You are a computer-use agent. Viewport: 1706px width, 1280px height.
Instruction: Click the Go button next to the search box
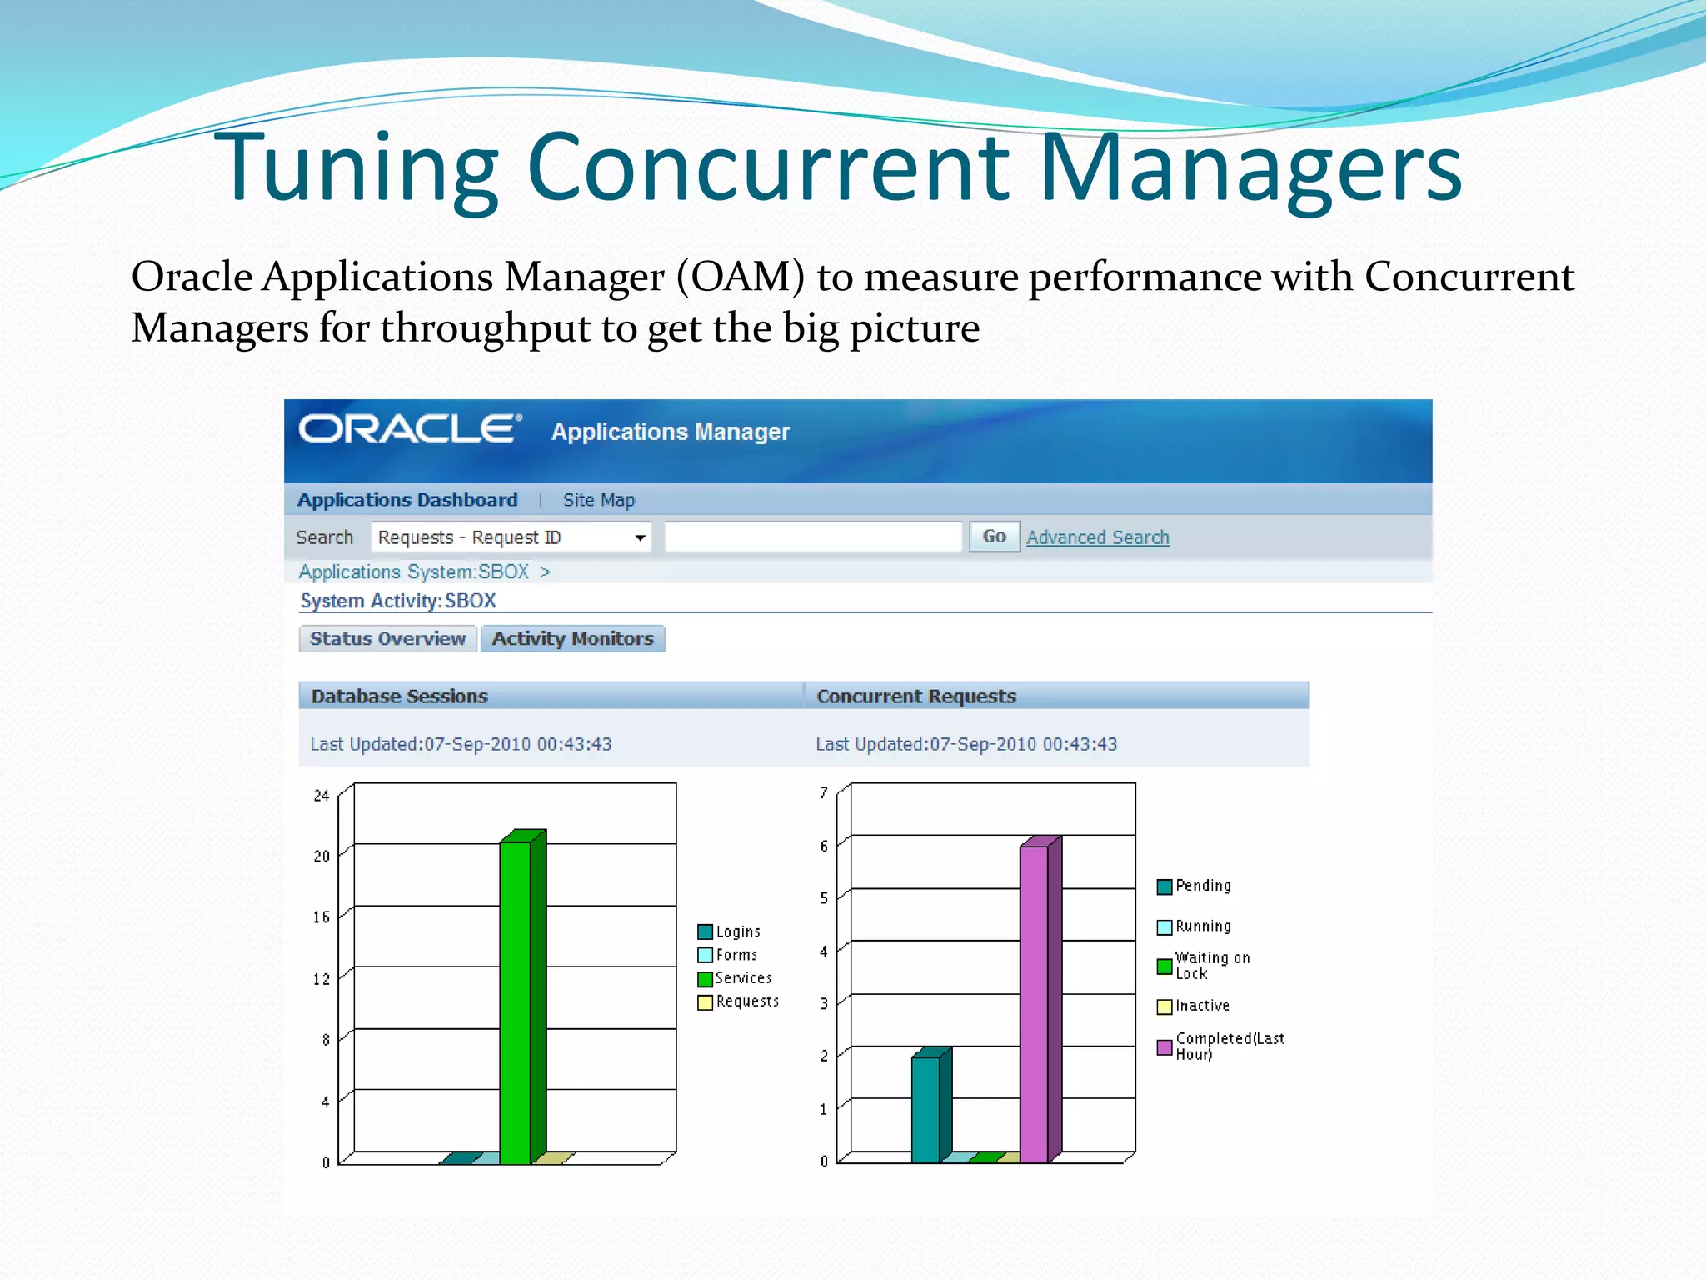994,537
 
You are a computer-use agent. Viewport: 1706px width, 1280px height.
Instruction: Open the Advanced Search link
1097,537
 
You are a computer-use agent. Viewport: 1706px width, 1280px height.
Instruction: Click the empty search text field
813,537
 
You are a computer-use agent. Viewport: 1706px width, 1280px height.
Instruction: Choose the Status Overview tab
387,639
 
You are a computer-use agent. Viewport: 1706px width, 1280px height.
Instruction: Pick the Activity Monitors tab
572,639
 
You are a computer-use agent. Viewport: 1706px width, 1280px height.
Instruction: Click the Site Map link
598,500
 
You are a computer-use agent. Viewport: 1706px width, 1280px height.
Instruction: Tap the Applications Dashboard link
407,500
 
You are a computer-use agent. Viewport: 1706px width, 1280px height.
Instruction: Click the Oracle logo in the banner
410,430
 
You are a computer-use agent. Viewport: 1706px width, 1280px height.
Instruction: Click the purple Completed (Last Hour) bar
1035,1000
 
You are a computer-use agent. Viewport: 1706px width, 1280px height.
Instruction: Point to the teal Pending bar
926,1108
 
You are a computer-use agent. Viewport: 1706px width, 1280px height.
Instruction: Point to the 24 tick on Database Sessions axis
322,796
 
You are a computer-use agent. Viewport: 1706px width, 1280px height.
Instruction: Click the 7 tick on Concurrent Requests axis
824,792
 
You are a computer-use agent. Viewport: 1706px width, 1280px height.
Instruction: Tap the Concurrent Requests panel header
916,696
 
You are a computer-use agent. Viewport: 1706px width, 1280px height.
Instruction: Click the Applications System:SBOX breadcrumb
414,572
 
